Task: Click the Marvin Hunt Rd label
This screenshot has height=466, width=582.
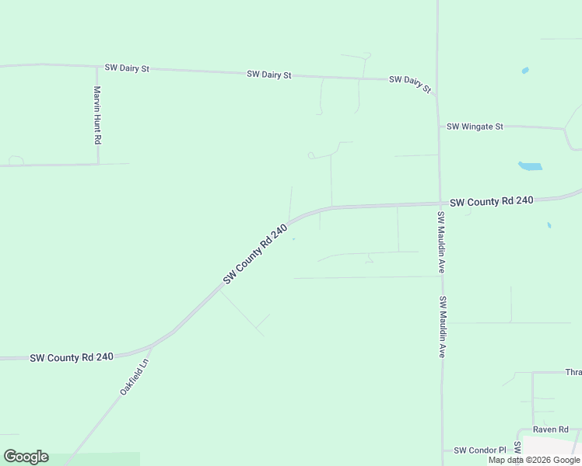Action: [97, 115]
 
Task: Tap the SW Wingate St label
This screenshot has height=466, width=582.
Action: [475, 126]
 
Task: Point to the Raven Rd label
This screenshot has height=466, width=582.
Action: [551, 429]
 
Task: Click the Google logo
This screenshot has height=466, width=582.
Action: [26, 457]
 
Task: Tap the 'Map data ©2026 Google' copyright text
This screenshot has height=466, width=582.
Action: [534, 460]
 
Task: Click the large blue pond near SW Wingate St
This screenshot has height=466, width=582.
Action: [530, 165]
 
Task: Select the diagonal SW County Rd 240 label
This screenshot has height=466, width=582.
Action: [255, 253]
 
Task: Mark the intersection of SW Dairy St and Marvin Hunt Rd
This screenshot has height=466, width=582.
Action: [97, 67]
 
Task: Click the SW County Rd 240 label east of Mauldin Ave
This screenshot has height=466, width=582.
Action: [492, 201]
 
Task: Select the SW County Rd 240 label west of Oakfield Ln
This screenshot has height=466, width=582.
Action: [72, 357]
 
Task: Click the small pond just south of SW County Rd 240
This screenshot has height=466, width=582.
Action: [549, 225]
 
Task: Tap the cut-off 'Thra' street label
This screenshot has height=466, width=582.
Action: [573, 372]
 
